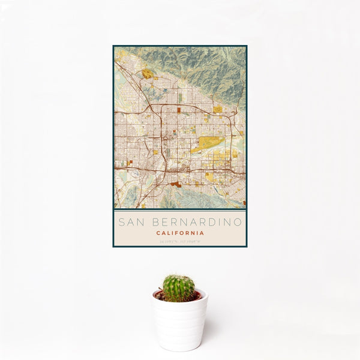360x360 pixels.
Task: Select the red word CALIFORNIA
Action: [180, 233]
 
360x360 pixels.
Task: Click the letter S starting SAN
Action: [121, 222]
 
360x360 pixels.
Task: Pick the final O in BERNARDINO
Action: [239, 222]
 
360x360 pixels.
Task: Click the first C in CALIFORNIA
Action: [158, 233]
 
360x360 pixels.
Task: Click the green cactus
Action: [179, 287]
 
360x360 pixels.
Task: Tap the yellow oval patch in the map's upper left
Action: [147, 74]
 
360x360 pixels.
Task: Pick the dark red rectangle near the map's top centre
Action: [181, 110]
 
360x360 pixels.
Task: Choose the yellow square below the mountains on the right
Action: [217, 109]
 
